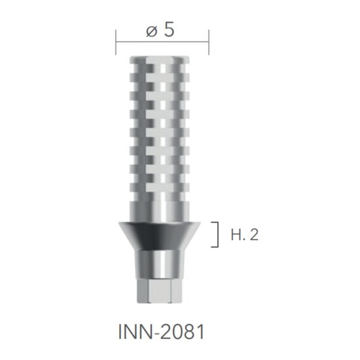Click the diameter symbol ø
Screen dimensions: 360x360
(x=152, y=31)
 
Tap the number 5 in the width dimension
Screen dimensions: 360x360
(x=170, y=30)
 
